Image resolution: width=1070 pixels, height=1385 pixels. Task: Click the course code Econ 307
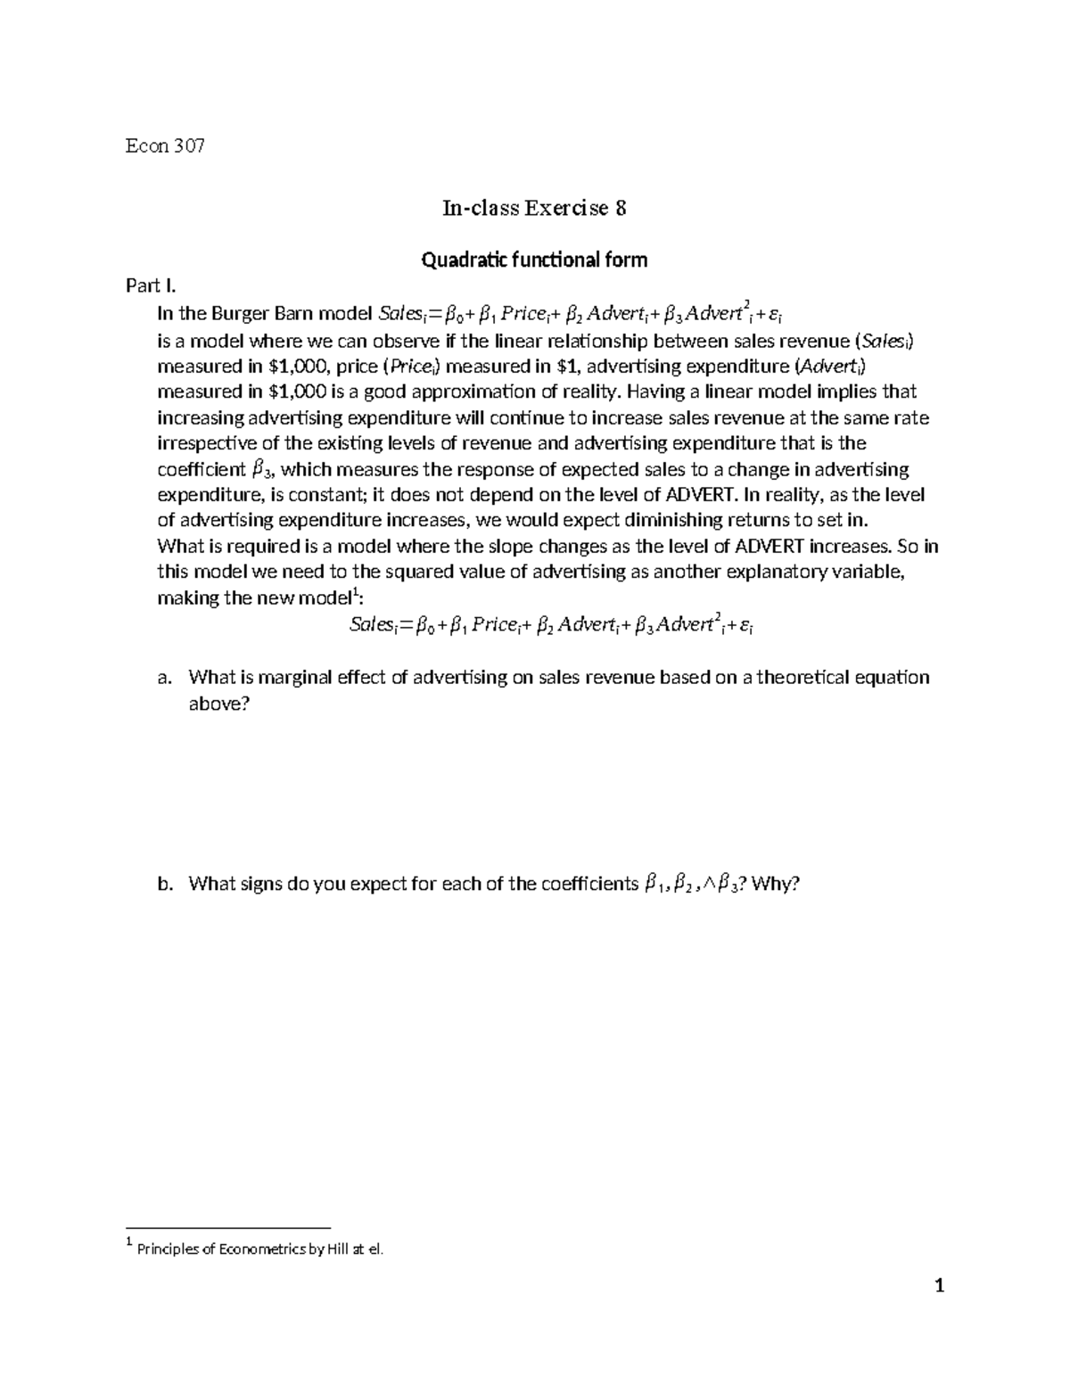pyautogui.click(x=165, y=146)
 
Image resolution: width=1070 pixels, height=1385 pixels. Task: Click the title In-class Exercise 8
pyautogui.click(x=534, y=209)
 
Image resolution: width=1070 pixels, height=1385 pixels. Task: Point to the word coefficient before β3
pyautogui.click(x=201, y=470)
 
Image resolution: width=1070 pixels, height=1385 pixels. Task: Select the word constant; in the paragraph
pyautogui.click(x=329, y=496)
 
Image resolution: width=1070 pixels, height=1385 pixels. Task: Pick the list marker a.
pyautogui.click(x=162, y=678)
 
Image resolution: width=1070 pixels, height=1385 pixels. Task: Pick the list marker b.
pyautogui.click(x=163, y=885)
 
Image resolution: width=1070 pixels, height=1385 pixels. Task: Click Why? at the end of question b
pyautogui.click(x=778, y=885)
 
